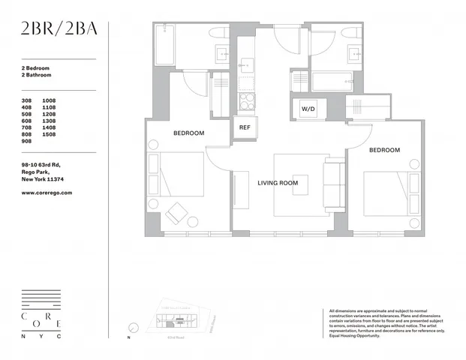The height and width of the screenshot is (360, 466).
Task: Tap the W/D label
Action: pos(308,109)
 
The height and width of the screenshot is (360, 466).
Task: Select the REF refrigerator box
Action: pos(244,127)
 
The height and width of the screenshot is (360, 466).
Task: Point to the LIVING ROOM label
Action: pos(278,183)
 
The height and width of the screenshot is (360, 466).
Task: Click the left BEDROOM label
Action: pos(188,133)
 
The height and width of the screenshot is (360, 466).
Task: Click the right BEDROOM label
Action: pos(384,150)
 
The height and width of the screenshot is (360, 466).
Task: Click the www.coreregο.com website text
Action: pos(47,193)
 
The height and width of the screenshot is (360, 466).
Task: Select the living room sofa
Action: pos(334,184)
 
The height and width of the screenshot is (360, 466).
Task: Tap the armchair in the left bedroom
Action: pos(178,213)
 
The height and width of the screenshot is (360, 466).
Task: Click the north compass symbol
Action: pos(133,327)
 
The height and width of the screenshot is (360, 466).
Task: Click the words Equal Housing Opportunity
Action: pos(354,335)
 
